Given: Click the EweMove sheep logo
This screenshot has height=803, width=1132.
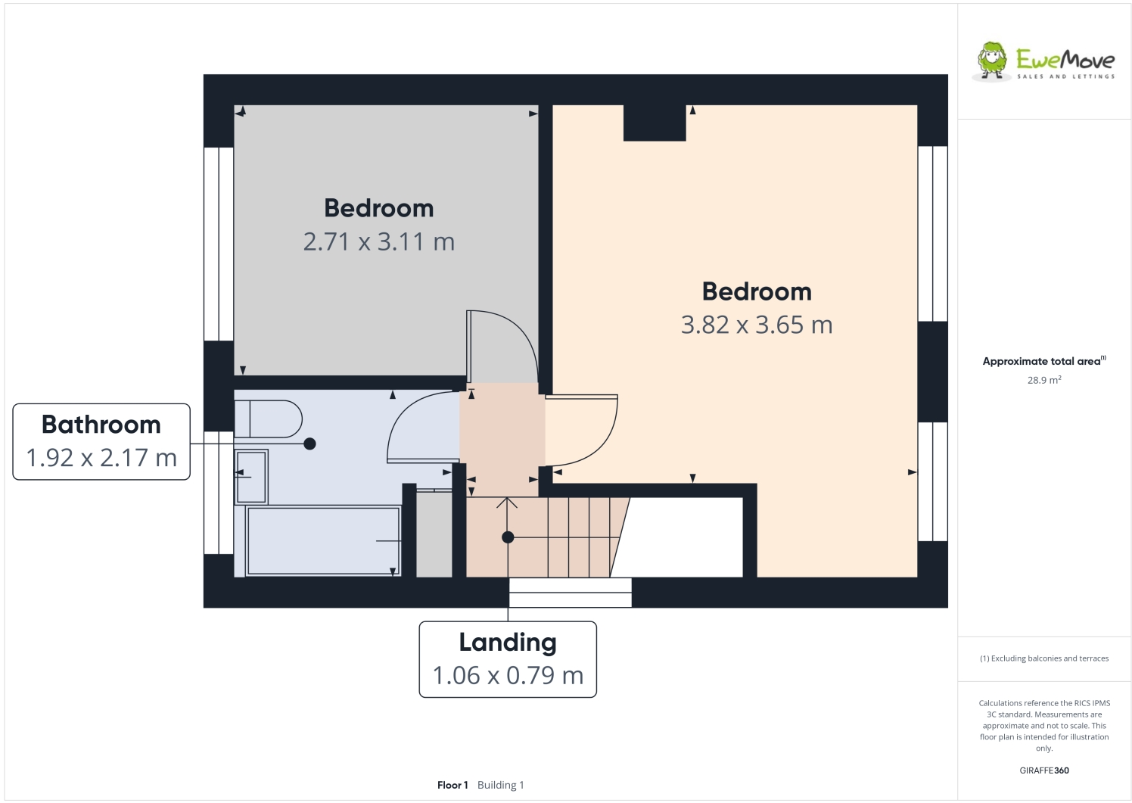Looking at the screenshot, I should coord(992,61).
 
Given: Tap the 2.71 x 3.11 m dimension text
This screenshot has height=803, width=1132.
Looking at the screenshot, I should coord(378,242).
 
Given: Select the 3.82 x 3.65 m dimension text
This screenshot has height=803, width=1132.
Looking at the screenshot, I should coord(756,325).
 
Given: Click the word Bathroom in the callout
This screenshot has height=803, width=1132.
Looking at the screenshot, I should coord(101,425).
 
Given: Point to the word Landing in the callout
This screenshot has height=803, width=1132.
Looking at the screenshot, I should coord(508,643).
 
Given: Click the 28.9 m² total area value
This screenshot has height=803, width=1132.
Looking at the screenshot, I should coord(1043,381).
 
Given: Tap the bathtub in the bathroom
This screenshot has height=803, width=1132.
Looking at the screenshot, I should coord(322,541).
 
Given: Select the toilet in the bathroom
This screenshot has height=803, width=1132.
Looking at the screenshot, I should coord(269,419).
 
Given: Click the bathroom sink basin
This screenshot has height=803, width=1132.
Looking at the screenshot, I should coord(251,477).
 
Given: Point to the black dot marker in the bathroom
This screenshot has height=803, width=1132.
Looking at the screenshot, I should coord(309,444).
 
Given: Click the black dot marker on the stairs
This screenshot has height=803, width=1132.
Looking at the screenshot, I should coord(508,537).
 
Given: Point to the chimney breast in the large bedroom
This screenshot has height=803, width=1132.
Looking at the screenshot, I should coord(655,123).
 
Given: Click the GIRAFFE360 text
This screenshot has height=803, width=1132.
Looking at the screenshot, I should coord(1043,770).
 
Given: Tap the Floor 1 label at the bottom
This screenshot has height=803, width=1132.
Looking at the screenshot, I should coord(452,785).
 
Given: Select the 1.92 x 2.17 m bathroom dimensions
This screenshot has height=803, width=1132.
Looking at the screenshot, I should coord(101,458).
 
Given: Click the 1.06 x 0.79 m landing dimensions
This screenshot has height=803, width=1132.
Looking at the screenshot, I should coord(508,676).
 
